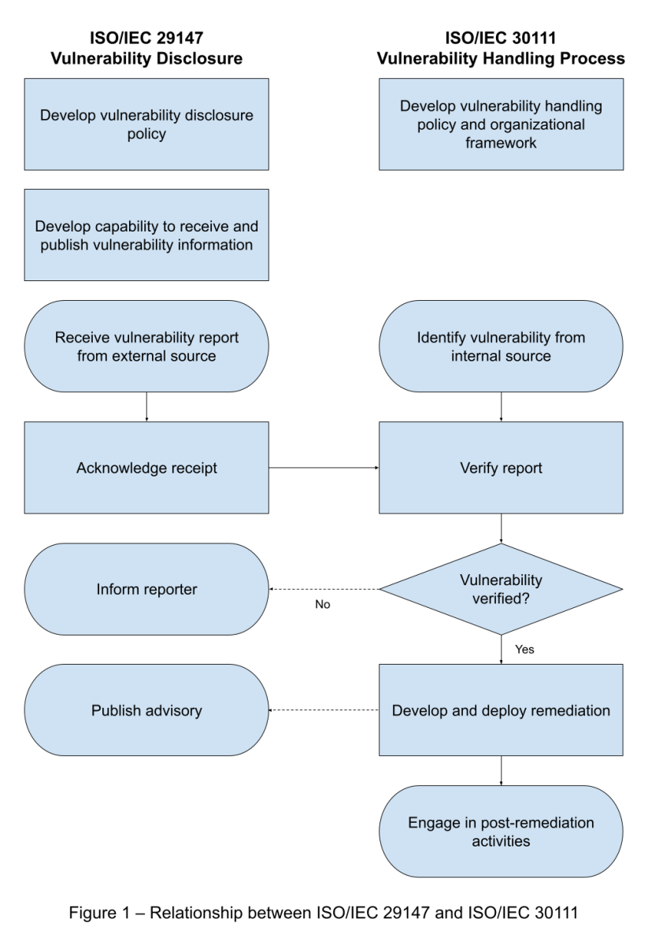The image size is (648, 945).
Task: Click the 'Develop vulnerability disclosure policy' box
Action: (146, 124)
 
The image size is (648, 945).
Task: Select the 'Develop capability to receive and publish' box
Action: (146, 235)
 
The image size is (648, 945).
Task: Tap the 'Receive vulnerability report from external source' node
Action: (146, 346)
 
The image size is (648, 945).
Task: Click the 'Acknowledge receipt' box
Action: (146, 468)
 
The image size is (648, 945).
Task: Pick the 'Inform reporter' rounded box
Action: (146, 589)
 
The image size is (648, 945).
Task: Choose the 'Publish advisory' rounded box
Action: (146, 710)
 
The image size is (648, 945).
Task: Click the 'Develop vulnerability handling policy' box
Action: (501, 124)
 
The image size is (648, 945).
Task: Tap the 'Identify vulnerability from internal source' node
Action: (501, 346)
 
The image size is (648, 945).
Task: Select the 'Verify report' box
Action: (501, 468)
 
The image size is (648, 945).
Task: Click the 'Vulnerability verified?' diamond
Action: (501, 589)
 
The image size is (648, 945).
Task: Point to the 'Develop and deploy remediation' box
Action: (501, 710)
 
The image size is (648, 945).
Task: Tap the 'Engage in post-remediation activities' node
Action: (501, 832)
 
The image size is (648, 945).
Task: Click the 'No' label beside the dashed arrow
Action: (323, 606)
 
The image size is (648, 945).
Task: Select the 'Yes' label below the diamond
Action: (524, 650)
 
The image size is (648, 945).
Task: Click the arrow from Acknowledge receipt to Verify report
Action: (324, 468)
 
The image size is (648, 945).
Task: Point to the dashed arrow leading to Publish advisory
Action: (324, 710)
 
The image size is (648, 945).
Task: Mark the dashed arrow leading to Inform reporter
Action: (324, 589)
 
